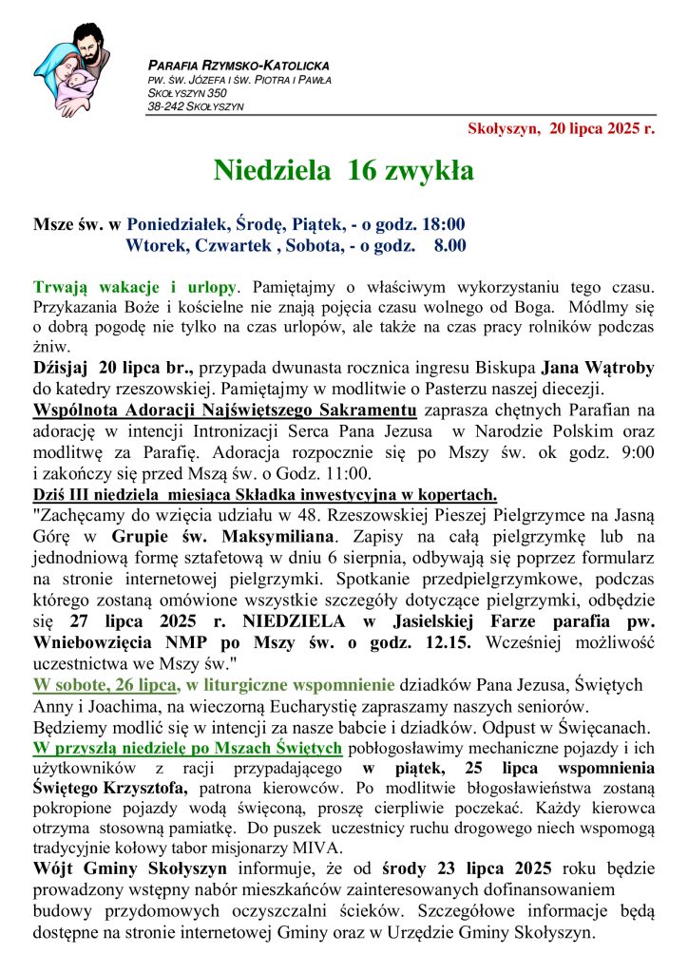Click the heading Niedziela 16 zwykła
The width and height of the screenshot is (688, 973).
click(343, 170)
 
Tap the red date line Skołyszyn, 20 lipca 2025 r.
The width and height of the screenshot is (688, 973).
click(561, 129)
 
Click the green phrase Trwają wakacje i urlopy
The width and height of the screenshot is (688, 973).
click(135, 286)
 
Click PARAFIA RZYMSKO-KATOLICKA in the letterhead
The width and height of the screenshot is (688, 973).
click(239, 66)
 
